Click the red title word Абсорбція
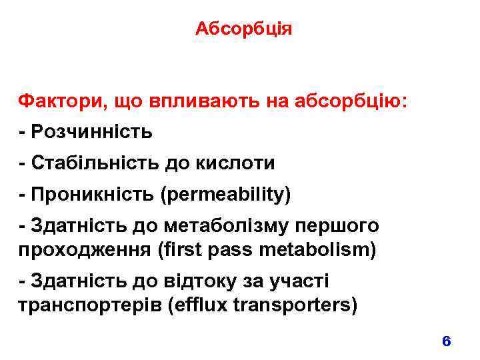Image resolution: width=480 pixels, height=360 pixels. click(244, 29)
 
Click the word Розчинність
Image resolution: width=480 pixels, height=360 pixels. click(91, 132)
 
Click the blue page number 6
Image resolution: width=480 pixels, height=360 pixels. click(447, 341)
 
